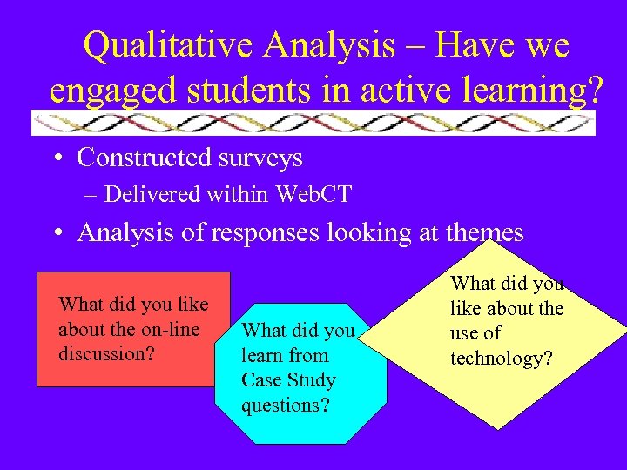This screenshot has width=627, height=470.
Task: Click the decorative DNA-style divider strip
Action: click(313, 123)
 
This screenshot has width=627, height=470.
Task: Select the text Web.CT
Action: click(313, 194)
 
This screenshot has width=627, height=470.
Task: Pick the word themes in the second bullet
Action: click(482, 232)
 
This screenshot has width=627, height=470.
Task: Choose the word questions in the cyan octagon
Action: click(285, 405)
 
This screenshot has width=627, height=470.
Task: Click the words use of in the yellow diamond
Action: click(475, 333)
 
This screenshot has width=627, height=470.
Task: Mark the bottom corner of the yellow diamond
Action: click(498, 428)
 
